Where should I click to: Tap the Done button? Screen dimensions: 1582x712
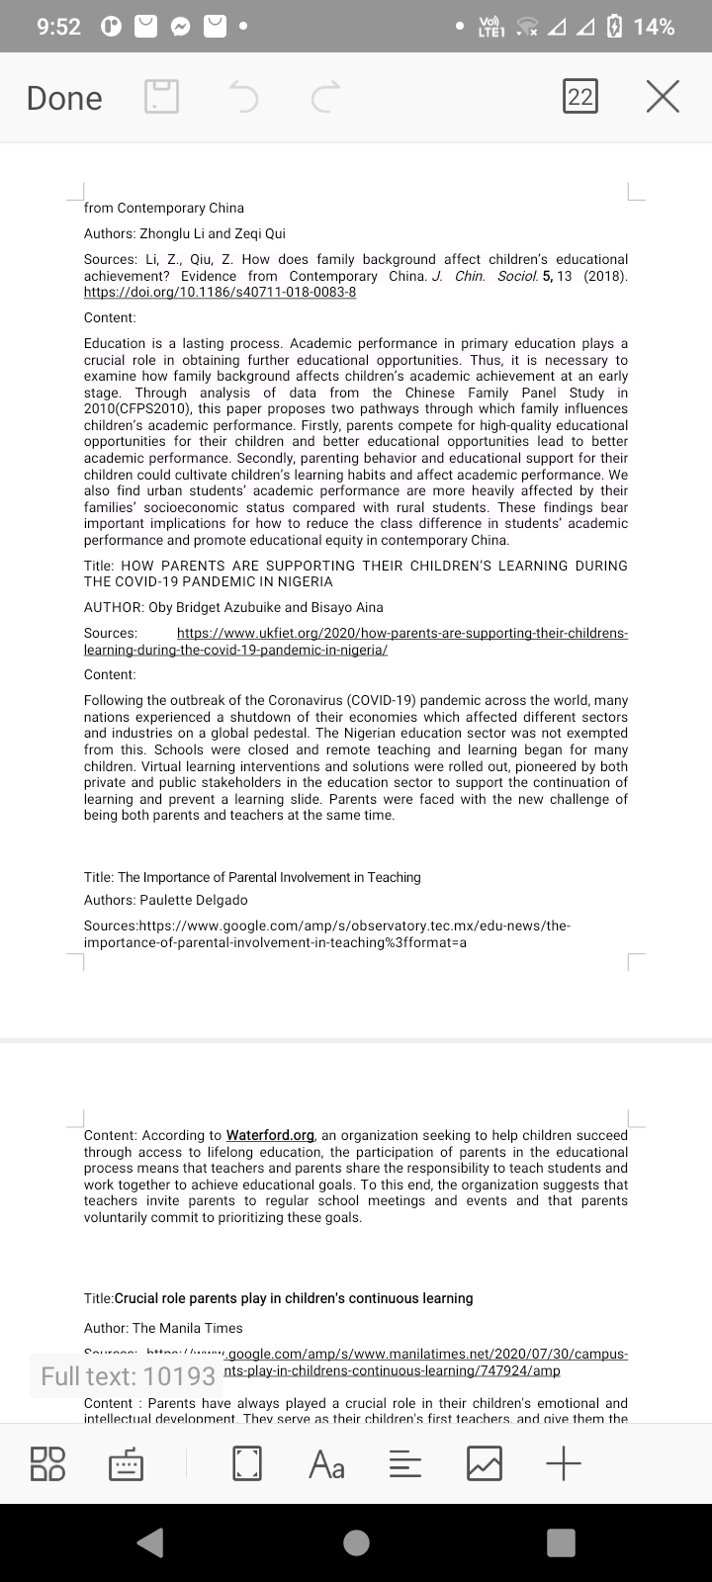point(64,98)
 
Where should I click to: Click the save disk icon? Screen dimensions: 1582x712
point(162,97)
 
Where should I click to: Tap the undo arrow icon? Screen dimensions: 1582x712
point(243,97)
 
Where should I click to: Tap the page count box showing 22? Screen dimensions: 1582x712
point(580,97)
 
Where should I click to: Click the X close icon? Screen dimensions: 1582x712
point(663,97)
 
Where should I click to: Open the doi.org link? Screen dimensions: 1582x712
point(220,293)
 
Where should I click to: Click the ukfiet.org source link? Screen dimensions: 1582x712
point(401,633)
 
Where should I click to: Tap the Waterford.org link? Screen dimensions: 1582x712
point(270,1135)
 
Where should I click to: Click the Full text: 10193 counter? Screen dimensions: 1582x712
point(129,1375)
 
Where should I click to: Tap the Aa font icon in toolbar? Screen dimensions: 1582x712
point(326,1463)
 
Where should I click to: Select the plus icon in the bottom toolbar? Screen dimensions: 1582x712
point(563,1463)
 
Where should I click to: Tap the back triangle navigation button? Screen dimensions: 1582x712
point(150,1542)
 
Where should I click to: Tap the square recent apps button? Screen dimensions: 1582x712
point(561,1542)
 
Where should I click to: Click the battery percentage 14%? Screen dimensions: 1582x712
point(654,27)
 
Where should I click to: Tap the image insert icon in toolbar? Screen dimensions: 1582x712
point(484,1463)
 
